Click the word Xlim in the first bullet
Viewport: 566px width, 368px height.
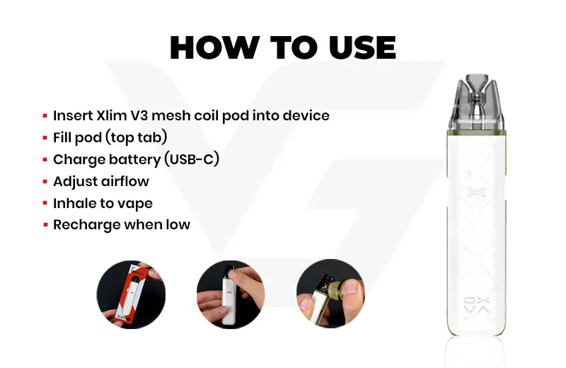pyautogui.click(x=110, y=115)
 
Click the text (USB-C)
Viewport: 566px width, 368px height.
pyautogui.click(x=192, y=160)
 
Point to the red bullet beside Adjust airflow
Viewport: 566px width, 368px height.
pyautogui.click(x=45, y=182)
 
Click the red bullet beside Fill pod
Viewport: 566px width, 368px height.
pyautogui.click(x=45, y=138)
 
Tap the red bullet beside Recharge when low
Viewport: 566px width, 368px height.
pyautogui.click(x=45, y=225)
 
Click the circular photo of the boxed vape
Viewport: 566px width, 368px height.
pyautogui.click(x=131, y=294)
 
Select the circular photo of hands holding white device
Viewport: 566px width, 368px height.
pyautogui.click(x=231, y=294)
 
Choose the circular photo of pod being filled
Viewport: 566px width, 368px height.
pyautogui.click(x=330, y=294)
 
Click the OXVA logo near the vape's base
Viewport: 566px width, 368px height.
pyautogui.click(x=476, y=305)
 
